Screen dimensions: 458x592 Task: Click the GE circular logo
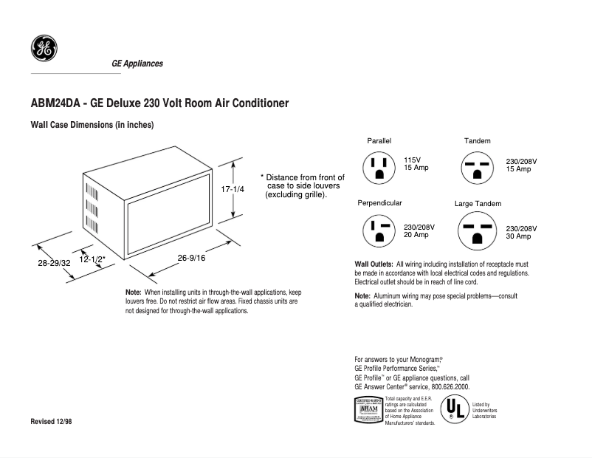pyautogui.click(x=44, y=49)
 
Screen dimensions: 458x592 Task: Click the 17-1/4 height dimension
pyautogui.click(x=233, y=189)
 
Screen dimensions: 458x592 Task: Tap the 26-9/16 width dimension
pyautogui.click(x=191, y=257)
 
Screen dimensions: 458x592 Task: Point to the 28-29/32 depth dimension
pyautogui.click(x=55, y=262)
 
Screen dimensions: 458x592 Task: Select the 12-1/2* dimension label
pyautogui.click(x=93, y=259)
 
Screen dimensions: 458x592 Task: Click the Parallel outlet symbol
pyautogui.click(x=379, y=168)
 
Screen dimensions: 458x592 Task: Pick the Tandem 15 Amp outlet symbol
pyautogui.click(x=477, y=168)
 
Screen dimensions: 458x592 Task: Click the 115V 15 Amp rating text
pyautogui.click(x=416, y=164)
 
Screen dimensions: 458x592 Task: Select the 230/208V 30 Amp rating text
pyautogui.click(x=521, y=232)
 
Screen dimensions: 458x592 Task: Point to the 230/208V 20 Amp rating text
pyautogui.click(x=419, y=230)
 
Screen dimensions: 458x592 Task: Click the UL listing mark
pyautogui.click(x=453, y=409)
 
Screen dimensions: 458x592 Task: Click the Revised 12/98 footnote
pyautogui.click(x=51, y=421)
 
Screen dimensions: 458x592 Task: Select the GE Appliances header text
pyautogui.click(x=137, y=64)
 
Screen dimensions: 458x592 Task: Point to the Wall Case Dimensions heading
pyautogui.click(x=92, y=125)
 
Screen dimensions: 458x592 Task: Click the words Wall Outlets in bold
pyautogui.click(x=374, y=264)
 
